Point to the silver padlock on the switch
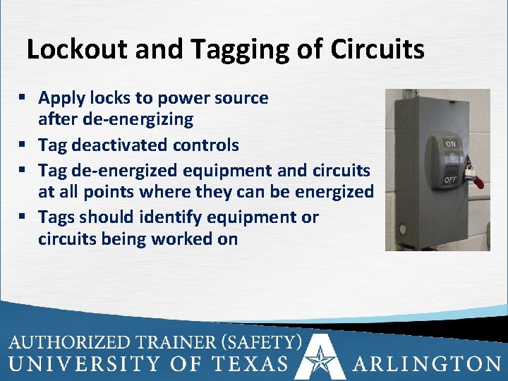tap(468, 170)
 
